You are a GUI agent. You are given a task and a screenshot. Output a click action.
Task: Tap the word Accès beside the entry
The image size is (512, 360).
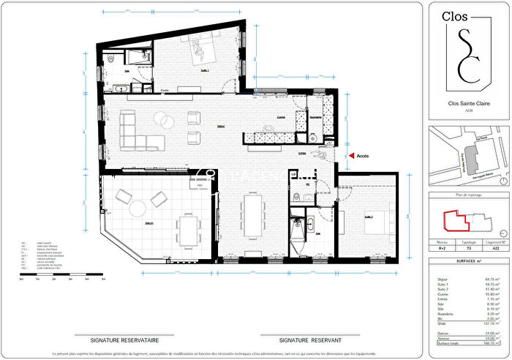click(x=364, y=155)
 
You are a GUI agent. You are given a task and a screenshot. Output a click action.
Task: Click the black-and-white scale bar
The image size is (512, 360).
click(x=64, y=277)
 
